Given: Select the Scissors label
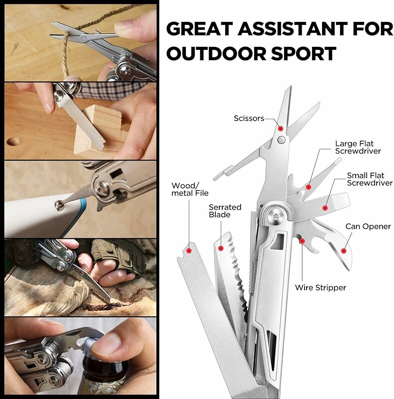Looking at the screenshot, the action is point(249,118).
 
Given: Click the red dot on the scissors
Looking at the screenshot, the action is point(280,129).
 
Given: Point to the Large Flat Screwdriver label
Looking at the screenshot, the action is point(358,147).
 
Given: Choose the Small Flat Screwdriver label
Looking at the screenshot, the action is point(370,179).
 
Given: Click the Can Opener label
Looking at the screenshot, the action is point(368,226).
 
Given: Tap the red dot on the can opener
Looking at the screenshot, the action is point(343,251).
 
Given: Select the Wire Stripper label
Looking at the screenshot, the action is point(321,288).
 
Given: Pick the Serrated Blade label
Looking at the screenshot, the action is point(225,211).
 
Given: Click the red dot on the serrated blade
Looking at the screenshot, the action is point(221,248).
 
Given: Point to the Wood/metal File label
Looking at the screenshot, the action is point(190,190).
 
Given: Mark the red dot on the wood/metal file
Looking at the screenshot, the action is point(189,251).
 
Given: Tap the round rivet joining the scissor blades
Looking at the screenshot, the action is point(281,140).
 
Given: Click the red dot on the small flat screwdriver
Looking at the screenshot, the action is point(325,208).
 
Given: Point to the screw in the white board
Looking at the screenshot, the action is point(59,204).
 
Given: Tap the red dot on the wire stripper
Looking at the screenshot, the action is point(302,241).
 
